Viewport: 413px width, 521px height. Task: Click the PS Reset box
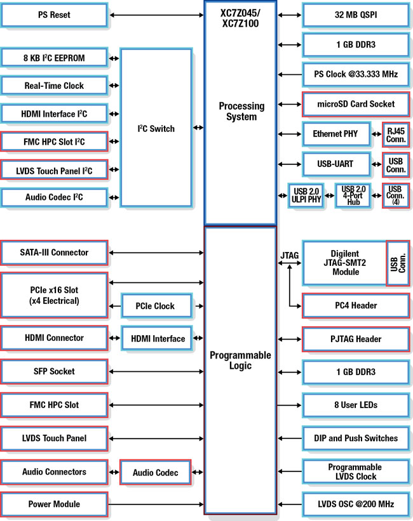point(54,15)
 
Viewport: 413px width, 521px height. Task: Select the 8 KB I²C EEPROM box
point(54,58)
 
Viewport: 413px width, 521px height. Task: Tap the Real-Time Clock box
point(54,86)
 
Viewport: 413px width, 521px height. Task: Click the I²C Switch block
point(156,128)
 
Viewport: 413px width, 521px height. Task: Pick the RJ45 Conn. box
point(395,134)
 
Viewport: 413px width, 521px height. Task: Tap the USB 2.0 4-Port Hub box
point(353,194)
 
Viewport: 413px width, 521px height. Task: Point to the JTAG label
point(290,256)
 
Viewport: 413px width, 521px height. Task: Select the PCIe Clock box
point(155,306)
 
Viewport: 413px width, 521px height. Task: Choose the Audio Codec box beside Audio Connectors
point(155,473)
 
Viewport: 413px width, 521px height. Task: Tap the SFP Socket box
point(54,371)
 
